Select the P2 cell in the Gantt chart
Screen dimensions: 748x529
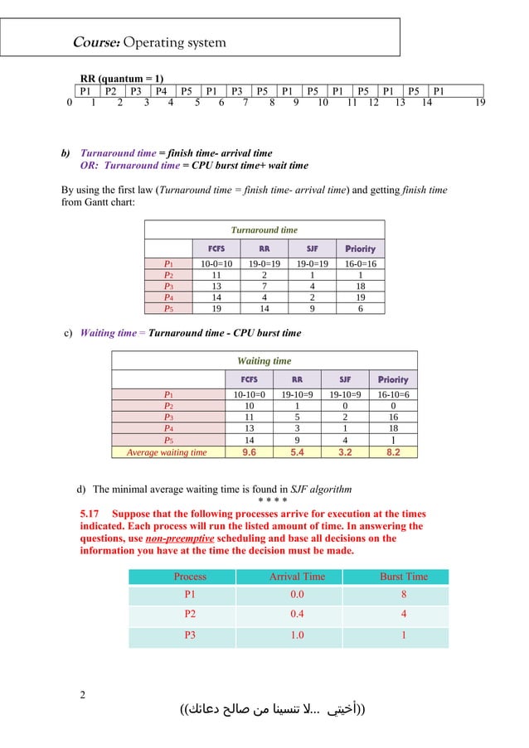point(111,91)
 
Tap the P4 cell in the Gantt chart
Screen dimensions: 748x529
point(162,91)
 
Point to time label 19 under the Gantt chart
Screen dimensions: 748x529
point(479,104)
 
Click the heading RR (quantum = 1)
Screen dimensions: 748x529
point(121,78)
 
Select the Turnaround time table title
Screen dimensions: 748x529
point(264,229)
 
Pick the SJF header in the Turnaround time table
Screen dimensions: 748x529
point(312,249)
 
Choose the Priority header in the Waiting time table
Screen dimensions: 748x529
point(392,379)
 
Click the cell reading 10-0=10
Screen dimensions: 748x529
point(215,264)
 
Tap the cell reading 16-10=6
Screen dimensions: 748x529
point(392,395)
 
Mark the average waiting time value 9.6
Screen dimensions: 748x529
point(249,452)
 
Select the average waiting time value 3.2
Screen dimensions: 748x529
point(344,452)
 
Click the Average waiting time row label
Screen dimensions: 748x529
point(167,452)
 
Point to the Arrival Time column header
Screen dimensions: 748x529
point(297,577)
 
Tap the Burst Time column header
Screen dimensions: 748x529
point(403,577)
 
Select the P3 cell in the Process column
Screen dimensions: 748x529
point(190,636)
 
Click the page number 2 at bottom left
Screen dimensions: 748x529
point(82,694)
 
